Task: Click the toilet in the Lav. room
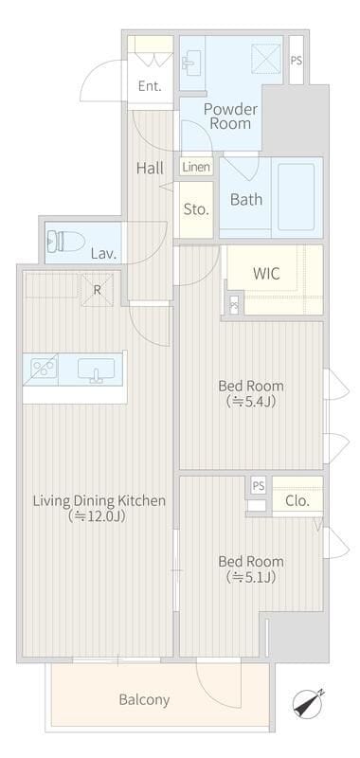(x=65, y=241)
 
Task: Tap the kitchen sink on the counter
(x=97, y=370)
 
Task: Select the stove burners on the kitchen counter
(x=44, y=369)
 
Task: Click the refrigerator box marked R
(x=98, y=290)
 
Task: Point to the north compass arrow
(x=308, y=703)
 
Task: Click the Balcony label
(x=144, y=699)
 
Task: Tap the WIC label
(x=266, y=274)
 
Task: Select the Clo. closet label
(x=297, y=501)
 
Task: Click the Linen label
(x=197, y=168)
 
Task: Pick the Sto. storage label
(x=196, y=209)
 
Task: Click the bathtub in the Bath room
(x=297, y=197)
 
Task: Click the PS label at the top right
(x=297, y=62)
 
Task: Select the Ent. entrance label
(x=150, y=86)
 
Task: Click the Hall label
(x=150, y=169)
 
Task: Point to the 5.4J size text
(x=251, y=402)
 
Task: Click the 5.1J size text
(x=251, y=577)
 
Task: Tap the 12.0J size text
(x=99, y=516)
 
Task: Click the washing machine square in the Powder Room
(x=266, y=59)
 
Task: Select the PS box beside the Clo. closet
(x=259, y=486)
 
